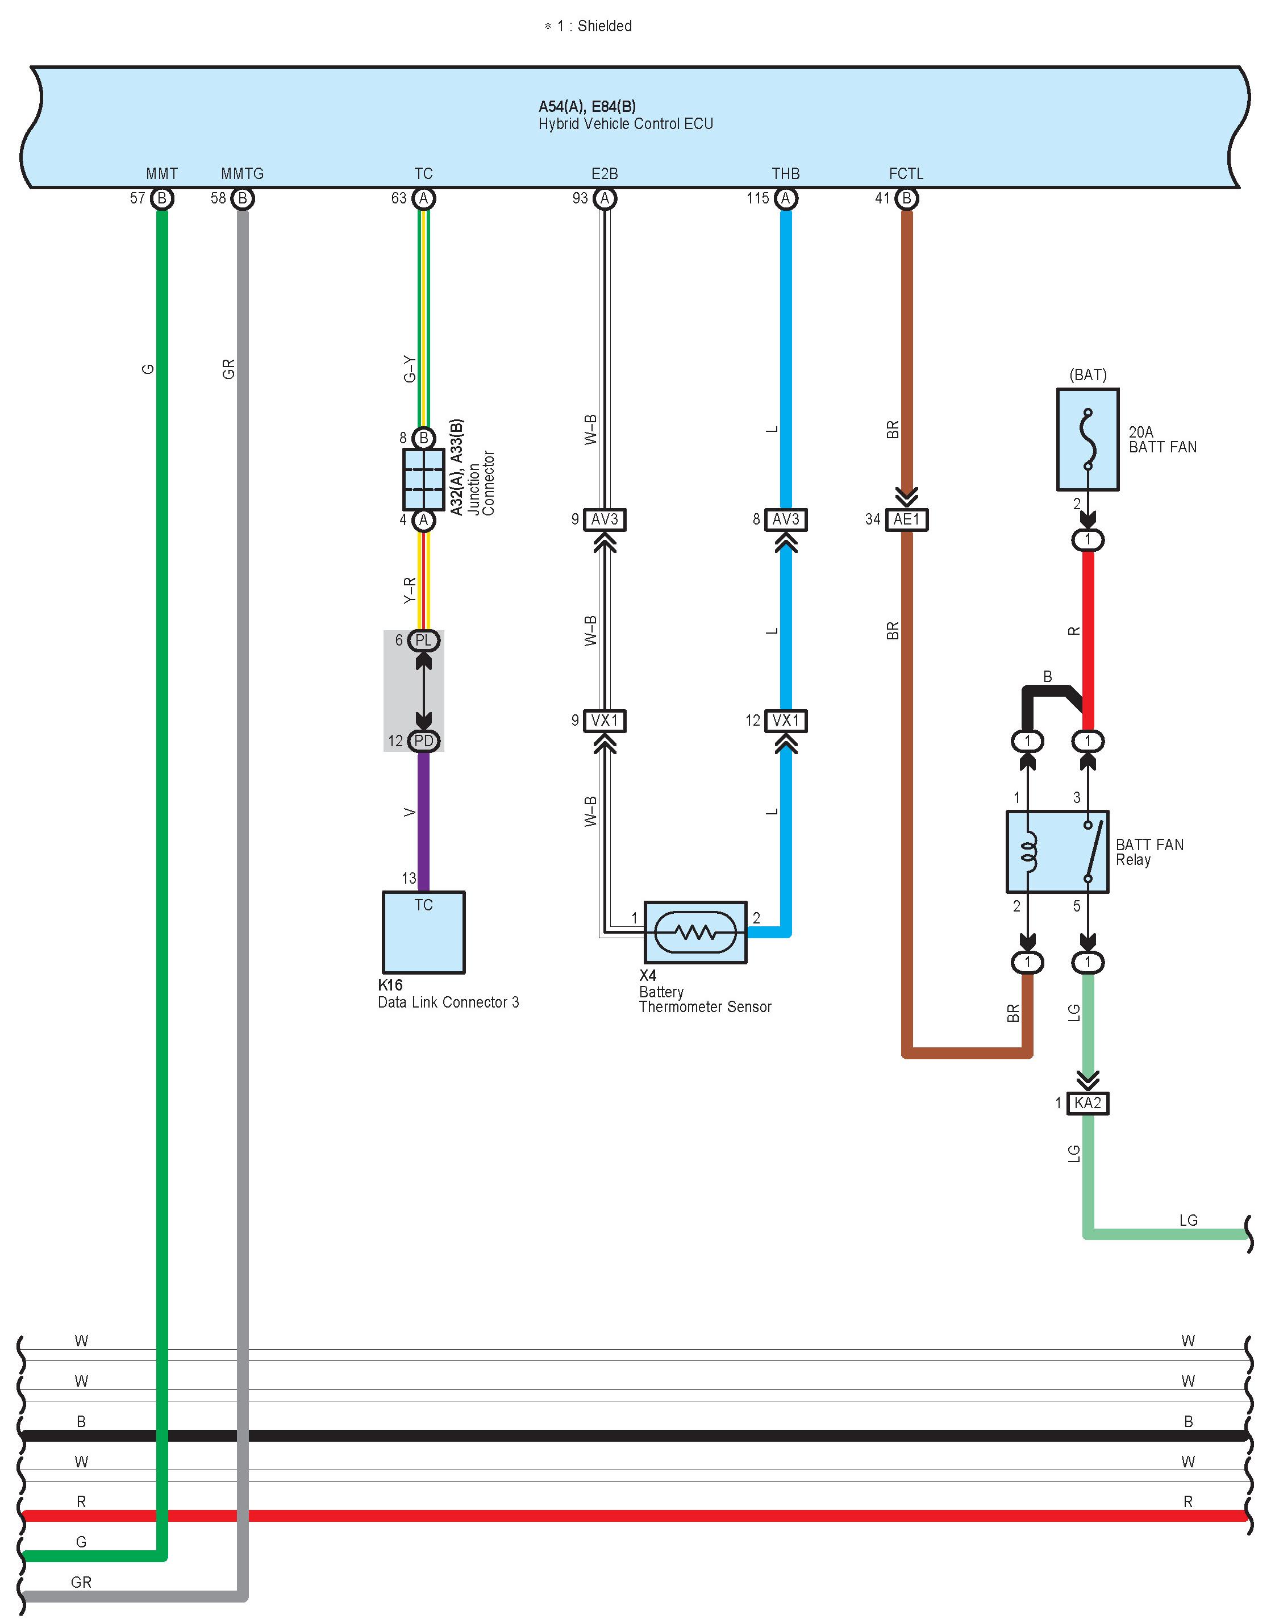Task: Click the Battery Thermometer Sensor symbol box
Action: pyautogui.click(x=695, y=933)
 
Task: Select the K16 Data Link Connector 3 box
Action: pyautogui.click(x=423, y=933)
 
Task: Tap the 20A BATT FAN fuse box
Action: pyautogui.click(x=1087, y=440)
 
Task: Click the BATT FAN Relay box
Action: pyautogui.click(x=1057, y=852)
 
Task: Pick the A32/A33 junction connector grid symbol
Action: pyautogui.click(x=423, y=478)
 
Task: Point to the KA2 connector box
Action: pyautogui.click(x=1087, y=1102)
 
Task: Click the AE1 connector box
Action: pyautogui.click(x=907, y=519)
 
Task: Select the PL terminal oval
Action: pyautogui.click(x=423, y=640)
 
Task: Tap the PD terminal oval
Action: pyautogui.click(x=423, y=740)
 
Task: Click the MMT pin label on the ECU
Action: pyautogui.click(x=162, y=174)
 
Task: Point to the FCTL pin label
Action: pyautogui.click(x=906, y=174)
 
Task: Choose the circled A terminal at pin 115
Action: pyautogui.click(x=785, y=198)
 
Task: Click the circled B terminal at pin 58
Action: pyautogui.click(x=243, y=198)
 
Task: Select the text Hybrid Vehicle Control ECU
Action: pyautogui.click(x=626, y=124)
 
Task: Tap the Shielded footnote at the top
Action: pyautogui.click(x=588, y=26)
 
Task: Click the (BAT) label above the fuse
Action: pyautogui.click(x=1087, y=374)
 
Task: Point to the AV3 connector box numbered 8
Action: pyautogui.click(x=786, y=519)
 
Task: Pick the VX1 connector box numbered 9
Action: pyautogui.click(x=605, y=721)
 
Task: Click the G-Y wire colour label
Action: pyautogui.click(x=410, y=369)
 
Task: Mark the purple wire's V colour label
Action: pyautogui.click(x=410, y=812)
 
